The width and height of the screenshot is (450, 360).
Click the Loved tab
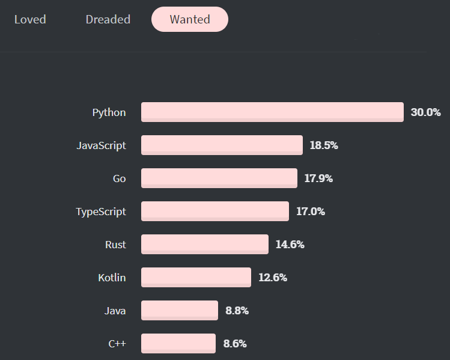click(x=30, y=19)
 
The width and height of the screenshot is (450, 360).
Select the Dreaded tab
click(x=108, y=19)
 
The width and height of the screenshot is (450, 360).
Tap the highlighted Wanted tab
click(x=190, y=19)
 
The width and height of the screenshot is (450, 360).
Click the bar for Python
click(x=272, y=112)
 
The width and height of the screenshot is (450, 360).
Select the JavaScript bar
click(x=222, y=145)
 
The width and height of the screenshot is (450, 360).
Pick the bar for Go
click(x=219, y=178)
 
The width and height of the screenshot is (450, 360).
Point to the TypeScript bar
click(x=215, y=211)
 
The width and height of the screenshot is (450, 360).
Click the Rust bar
click(x=205, y=244)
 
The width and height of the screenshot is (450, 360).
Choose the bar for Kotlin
click(x=196, y=277)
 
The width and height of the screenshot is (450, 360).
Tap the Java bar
click(x=180, y=310)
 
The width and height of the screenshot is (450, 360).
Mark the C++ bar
click(x=178, y=343)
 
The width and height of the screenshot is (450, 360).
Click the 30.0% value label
click(x=426, y=112)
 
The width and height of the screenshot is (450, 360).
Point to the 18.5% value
click(x=324, y=145)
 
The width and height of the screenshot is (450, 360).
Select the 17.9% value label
click(x=318, y=178)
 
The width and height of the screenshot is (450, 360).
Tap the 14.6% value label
click(x=290, y=245)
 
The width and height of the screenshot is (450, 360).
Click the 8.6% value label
click(x=235, y=344)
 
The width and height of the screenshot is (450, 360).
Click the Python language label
click(x=109, y=112)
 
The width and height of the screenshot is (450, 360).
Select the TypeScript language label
click(x=101, y=212)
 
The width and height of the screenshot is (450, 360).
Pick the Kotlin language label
click(x=112, y=278)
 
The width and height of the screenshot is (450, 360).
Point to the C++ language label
click(x=117, y=344)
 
